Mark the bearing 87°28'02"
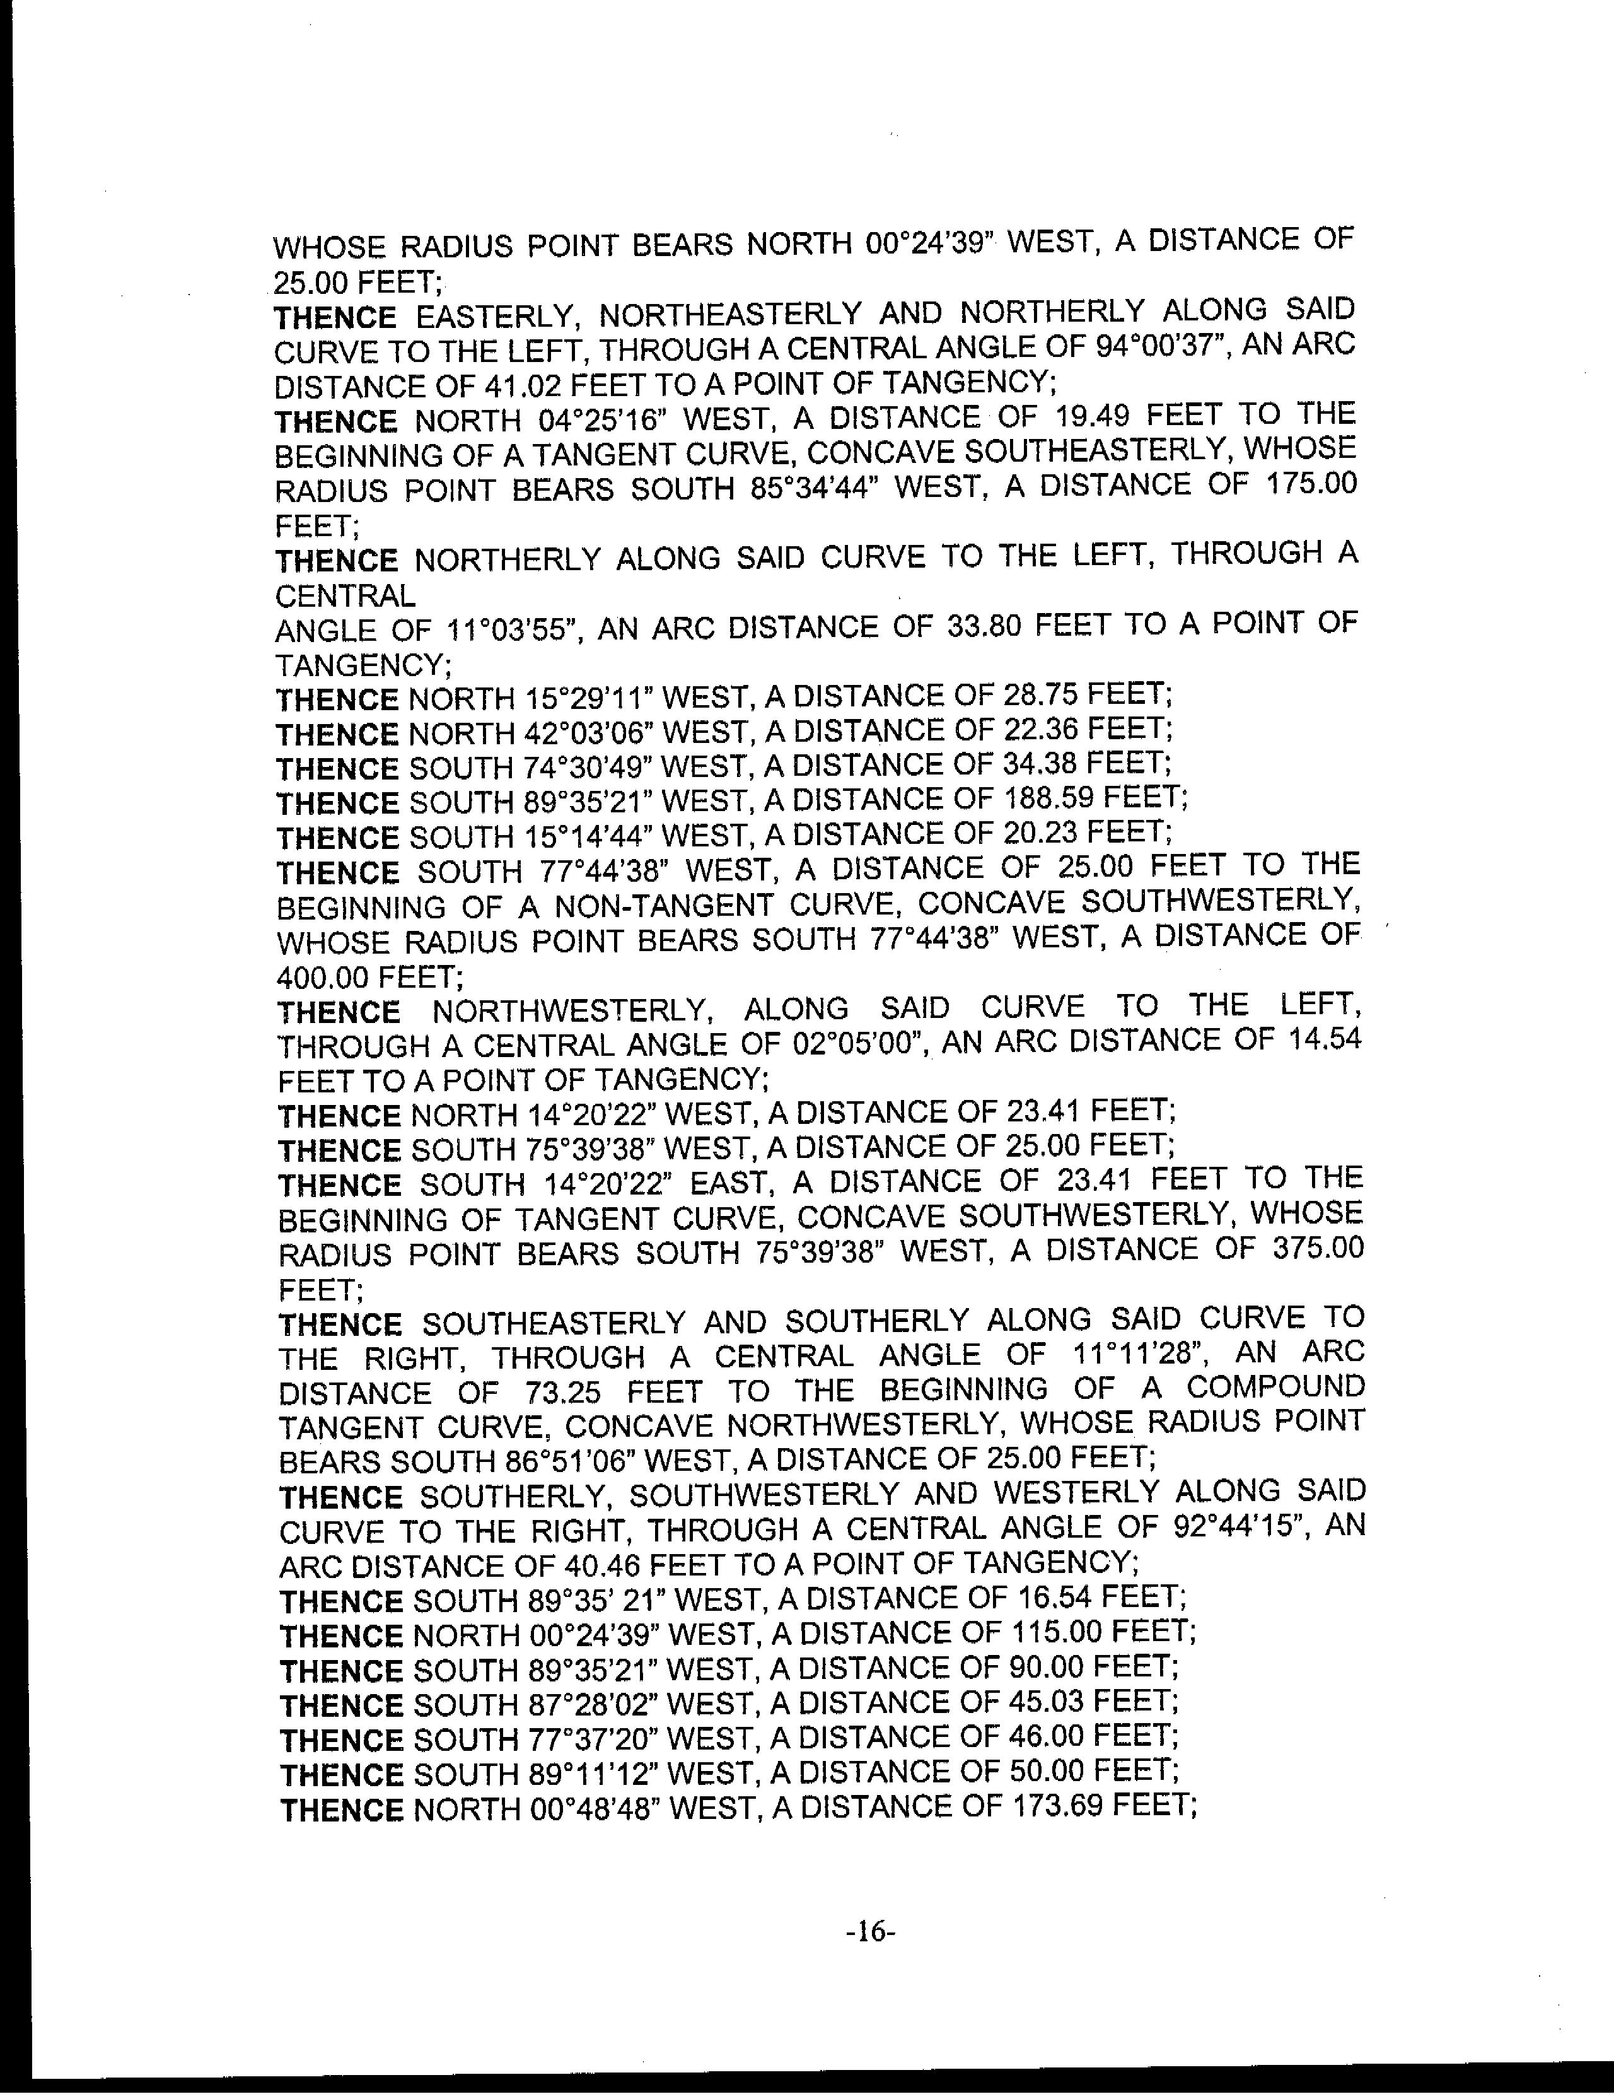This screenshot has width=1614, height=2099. pos(591,1702)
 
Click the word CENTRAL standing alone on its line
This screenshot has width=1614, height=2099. pos(345,596)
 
